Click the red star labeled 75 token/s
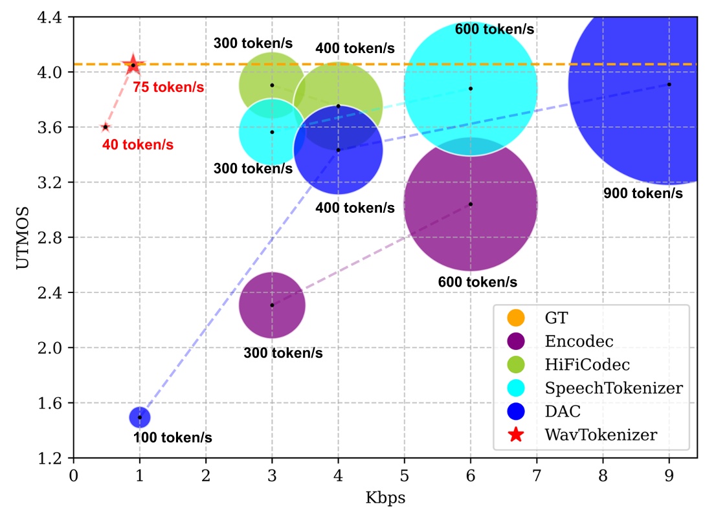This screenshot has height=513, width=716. tap(133, 65)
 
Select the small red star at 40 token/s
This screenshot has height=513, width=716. tap(105, 127)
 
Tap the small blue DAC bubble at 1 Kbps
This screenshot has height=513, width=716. tap(140, 417)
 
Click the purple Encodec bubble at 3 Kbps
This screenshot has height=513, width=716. tap(272, 305)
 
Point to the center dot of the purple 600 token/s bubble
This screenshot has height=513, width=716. tap(471, 204)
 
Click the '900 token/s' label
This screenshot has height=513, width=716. tap(643, 193)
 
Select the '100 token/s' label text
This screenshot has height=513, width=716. tap(172, 438)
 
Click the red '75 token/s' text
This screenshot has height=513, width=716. tap(168, 87)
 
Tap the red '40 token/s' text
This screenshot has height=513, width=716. tap(137, 146)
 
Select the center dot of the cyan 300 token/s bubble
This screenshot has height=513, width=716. tap(272, 132)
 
